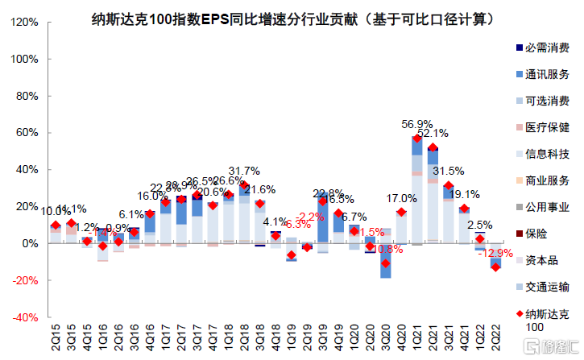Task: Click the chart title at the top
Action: point(292,16)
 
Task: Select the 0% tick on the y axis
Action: point(28,243)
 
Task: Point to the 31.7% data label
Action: point(244,171)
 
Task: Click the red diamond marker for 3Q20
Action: point(386,263)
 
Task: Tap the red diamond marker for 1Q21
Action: point(417,139)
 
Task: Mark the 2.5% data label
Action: point(480,225)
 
